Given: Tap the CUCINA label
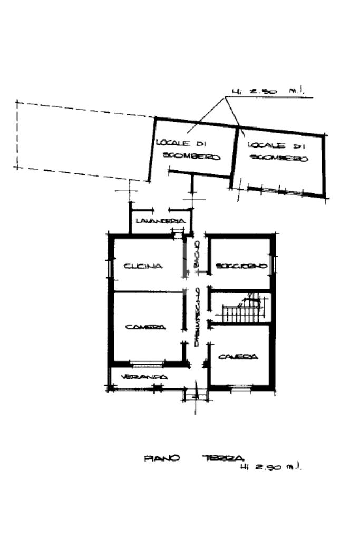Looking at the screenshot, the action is pyautogui.click(x=143, y=267).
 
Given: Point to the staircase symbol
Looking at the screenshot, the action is pyautogui.click(x=241, y=311).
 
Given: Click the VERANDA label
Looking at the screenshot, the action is pyautogui.click(x=144, y=377).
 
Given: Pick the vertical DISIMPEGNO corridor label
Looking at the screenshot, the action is pyautogui.click(x=196, y=317).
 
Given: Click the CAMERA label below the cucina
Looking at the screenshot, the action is pyautogui.click(x=145, y=327).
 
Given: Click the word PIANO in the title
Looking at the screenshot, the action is pyautogui.click(x=161, y=458).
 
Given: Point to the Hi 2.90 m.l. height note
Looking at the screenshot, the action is pyautogui.click(x=272, y=467).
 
